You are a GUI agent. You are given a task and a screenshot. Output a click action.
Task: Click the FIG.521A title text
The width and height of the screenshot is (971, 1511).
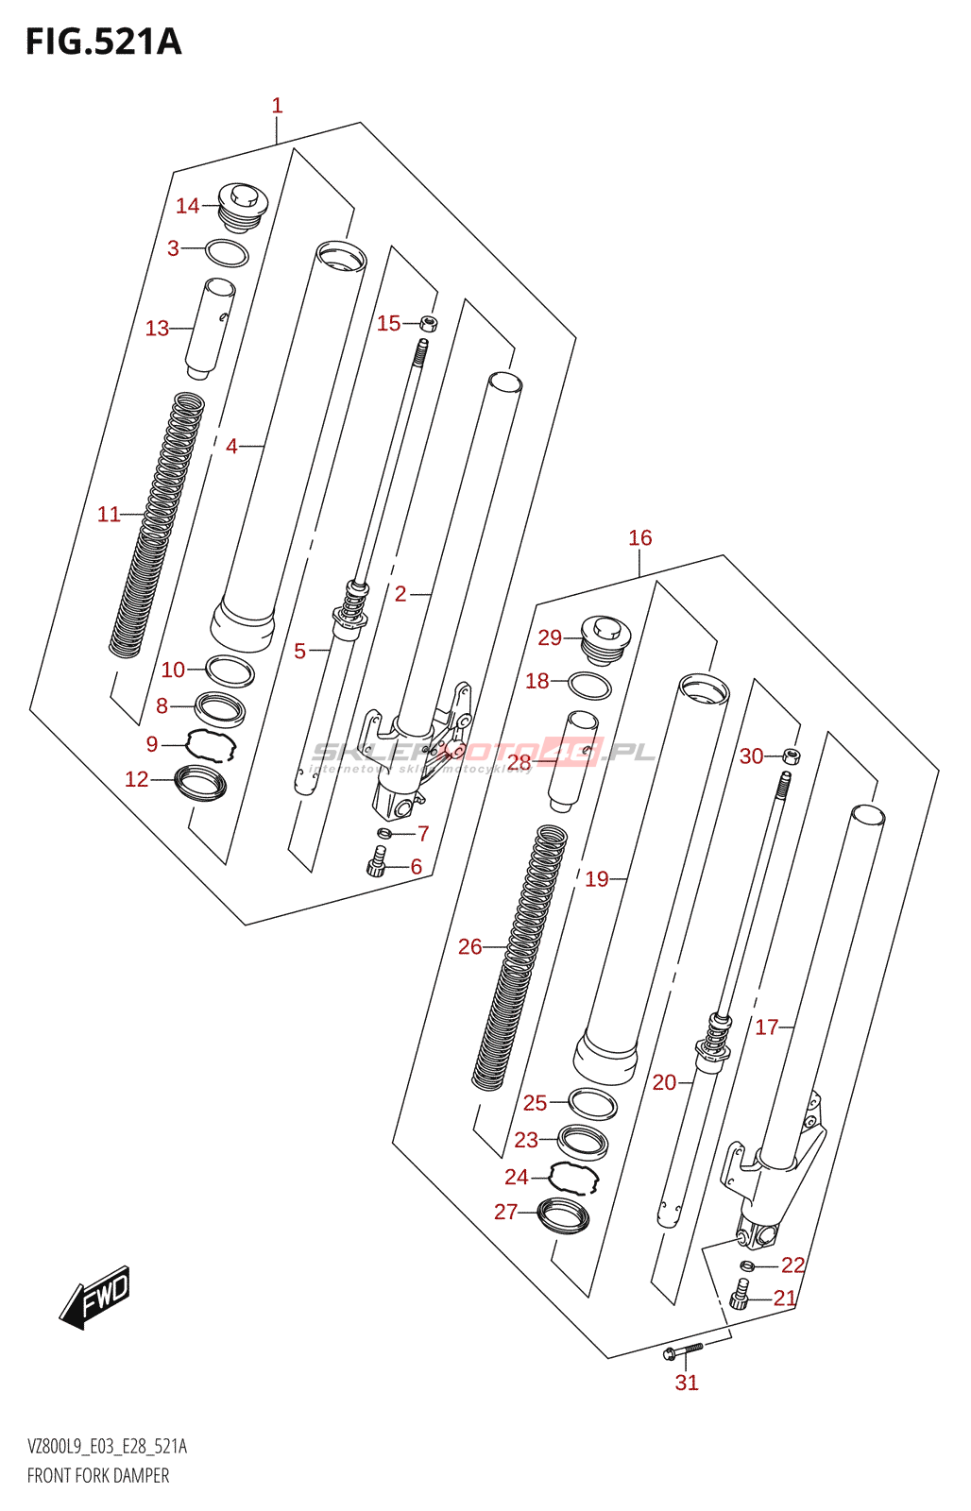[x=103, y=42]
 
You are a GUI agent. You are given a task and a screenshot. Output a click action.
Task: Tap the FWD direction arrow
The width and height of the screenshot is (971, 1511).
[x=95, y=1297]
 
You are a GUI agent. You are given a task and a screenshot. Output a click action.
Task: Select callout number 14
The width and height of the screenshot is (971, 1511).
[x=187, y=206]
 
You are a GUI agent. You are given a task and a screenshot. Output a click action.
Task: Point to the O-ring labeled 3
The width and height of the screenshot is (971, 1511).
[x=227, y=253]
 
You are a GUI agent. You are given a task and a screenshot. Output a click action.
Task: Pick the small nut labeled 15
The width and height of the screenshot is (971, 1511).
[x=429, y=324]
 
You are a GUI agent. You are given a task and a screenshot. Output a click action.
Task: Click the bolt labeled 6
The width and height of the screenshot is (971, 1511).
[x=377, y=861]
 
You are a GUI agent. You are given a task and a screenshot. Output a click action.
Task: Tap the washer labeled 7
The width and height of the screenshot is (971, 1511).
[x=383, y=833]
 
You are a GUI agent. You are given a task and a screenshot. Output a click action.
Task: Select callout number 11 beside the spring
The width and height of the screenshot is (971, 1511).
[x=109, y=515]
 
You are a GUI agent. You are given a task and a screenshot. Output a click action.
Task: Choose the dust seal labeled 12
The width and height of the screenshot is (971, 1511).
[x=201, y=783]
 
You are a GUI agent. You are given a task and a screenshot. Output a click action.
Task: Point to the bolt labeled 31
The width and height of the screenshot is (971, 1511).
[x=683, y=1351]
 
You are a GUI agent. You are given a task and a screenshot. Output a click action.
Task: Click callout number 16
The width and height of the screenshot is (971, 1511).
[x=640, y=538]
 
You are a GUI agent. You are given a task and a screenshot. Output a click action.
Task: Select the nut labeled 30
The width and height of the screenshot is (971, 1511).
[x=792, y=755]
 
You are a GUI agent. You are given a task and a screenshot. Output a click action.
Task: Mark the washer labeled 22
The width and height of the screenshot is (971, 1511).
[x=746, y=1265]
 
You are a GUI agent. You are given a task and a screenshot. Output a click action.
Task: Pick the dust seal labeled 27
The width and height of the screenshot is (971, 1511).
[x=563, y=1214]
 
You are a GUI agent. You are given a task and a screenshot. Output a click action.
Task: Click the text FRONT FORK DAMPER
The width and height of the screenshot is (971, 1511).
[x=98, y=1476]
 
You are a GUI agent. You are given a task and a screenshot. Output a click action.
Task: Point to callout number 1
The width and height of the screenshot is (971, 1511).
[x=277, y=106]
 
